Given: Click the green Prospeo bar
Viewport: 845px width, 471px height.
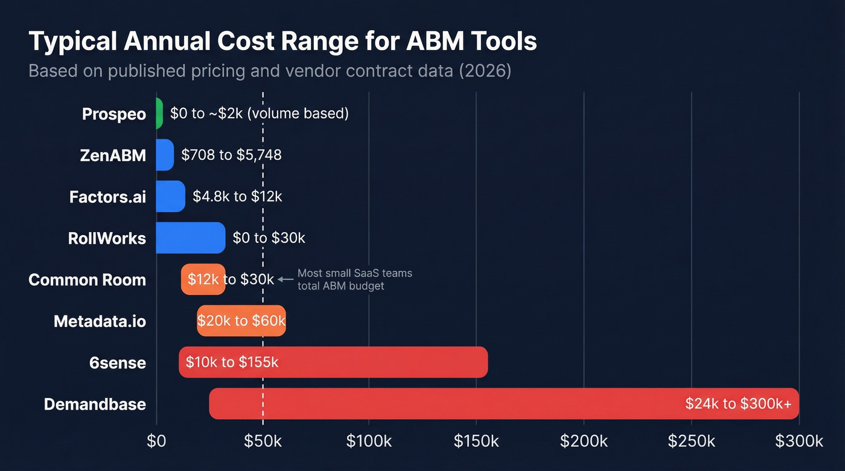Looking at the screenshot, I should [159, 113].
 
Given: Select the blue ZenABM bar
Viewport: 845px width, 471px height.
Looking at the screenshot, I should [165, 155].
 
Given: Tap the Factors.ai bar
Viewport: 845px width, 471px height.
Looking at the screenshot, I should [170, 197].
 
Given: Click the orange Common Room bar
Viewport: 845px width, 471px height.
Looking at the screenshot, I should [203, 279].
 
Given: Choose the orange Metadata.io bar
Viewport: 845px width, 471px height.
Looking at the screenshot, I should [241, 321].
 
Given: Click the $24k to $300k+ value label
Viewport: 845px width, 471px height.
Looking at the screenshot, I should [738, 403].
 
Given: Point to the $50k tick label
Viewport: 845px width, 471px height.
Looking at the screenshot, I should [263, 441].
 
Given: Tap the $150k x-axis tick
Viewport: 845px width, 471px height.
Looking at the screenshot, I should [476, 441].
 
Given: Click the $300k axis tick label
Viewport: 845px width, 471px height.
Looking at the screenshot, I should [799, 441].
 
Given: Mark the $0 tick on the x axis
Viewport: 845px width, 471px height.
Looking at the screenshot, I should [156, 441].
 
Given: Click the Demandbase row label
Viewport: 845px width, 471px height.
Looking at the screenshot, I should [95, 404].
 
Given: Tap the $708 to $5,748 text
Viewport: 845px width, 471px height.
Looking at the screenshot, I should [231, 155].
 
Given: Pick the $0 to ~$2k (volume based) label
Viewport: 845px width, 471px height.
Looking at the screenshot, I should [259, 113].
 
